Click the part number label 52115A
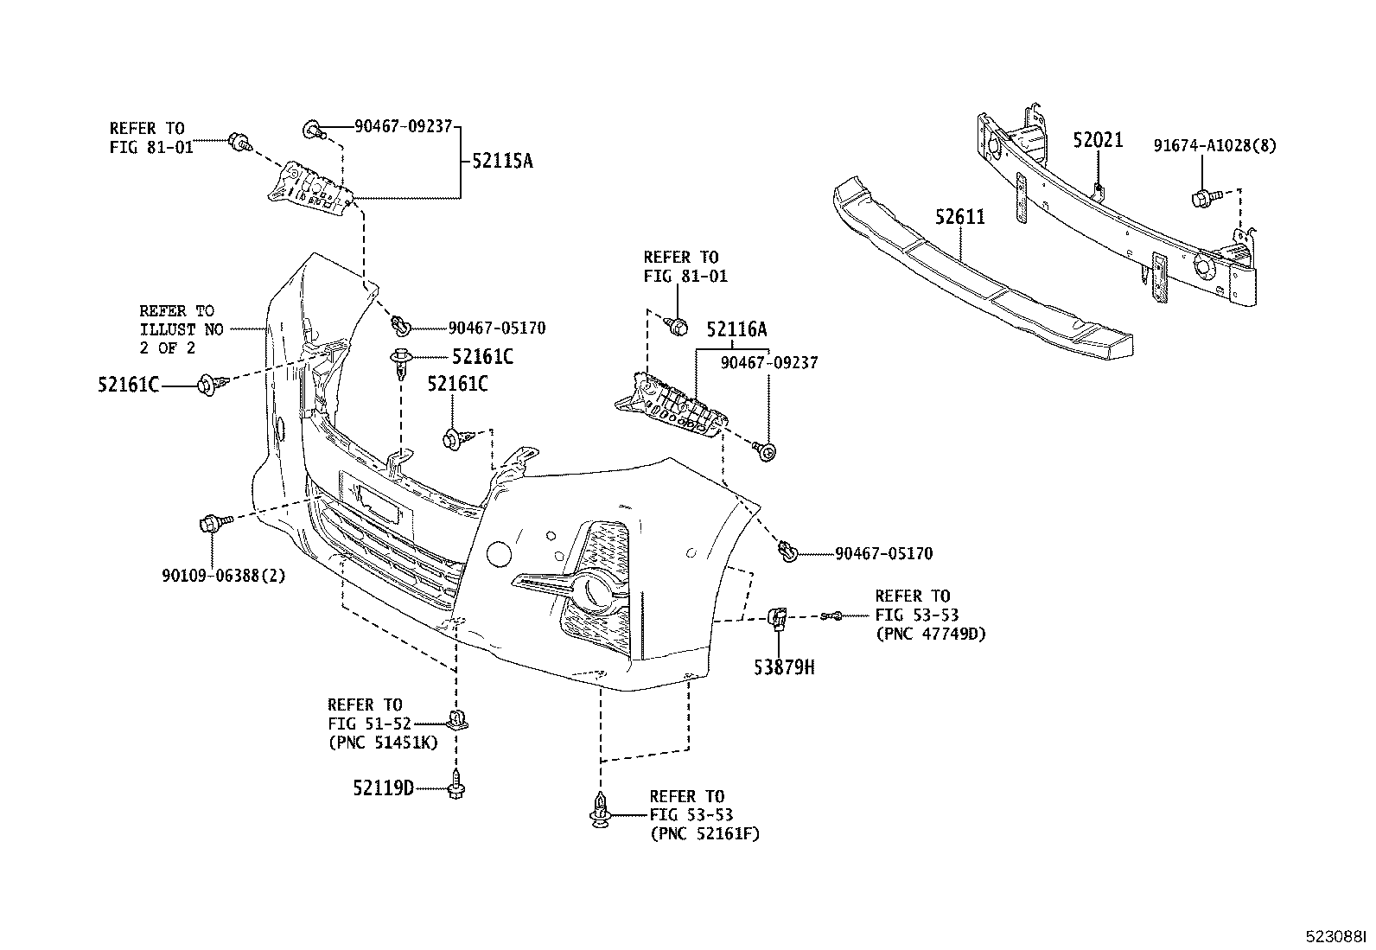pyautogui.click(x=502, y=161)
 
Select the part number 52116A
pyautogui.click(x=736, y=329)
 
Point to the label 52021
pyautogui.click(x=1098, y=140)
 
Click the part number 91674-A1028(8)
pyautogui.click(x=1214, y=145)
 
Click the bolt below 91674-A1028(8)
pyautogui.click(x=1201, y=199)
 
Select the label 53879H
pyautogui.click(x=785, y=666)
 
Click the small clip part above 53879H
pyautogui.click(x=777, y=617)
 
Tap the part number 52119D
pyautogui.click(x=383, y=787)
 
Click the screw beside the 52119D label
pyautogui.click(x=457, y=787)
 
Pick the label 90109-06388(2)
pyautogui.click(x=223, y=576)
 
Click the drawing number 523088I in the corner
pyautogui.click(x=1335, y=936)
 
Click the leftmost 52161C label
pyautogui.click(x=128, y=386)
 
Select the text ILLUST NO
pyautogui.click(x=182, y=329)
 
